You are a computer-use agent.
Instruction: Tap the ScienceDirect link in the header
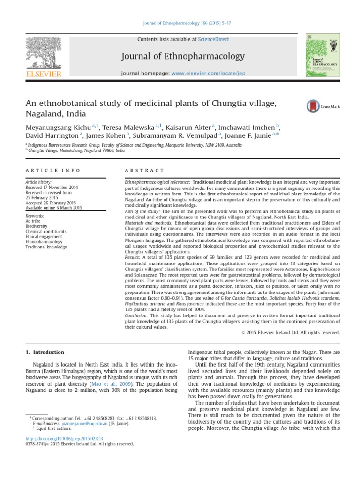pyautogui.click(x=213, y=40)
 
